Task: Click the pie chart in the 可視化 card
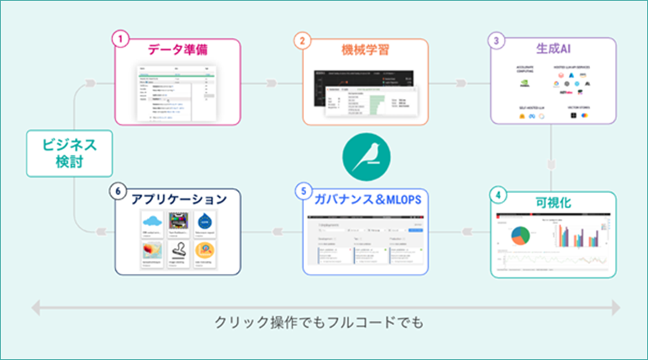(x=523, y=236)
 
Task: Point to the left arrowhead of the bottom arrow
(x=34, y=308)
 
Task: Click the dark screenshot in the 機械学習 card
(x=366, y=95)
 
